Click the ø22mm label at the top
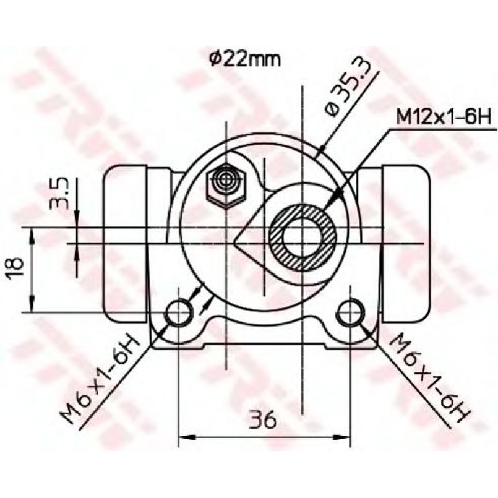point(245,60)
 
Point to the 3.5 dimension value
point(59,193)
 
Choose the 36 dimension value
point(262,419)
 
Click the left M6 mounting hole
point(179,312)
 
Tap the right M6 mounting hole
point(350,312)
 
